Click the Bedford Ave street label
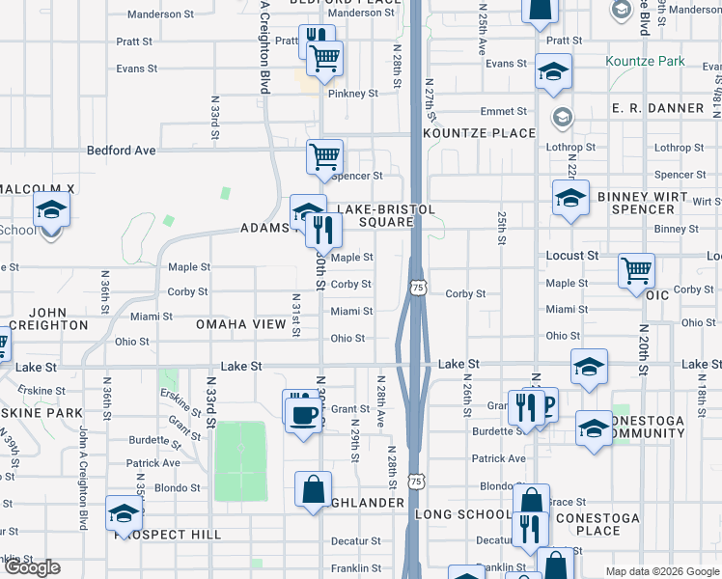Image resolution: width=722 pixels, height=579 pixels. pyautogui.click(x=121, y=151)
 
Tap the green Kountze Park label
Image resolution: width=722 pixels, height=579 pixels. pyautogui.click(x=645, y=61)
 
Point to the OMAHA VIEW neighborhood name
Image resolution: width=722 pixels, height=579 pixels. pyautogui.click(x=241, y=324)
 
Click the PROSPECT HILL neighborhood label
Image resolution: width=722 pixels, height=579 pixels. pyautogui.click(x=168, y=535)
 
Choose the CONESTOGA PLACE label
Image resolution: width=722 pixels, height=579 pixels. pyautogui.click(x=610, y=524)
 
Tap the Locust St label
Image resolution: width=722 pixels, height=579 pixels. pyautogui.click(x=572, y=256)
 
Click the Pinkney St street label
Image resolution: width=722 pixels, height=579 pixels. pyautogui.click(x=352, y=94)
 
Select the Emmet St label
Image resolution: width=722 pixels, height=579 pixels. pyautogui.click(x=503, y=111)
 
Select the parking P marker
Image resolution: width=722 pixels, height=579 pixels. pyautogui.click(x=548, y=405)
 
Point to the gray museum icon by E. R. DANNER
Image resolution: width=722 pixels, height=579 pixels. pyautogui.click(x=562, y=117)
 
